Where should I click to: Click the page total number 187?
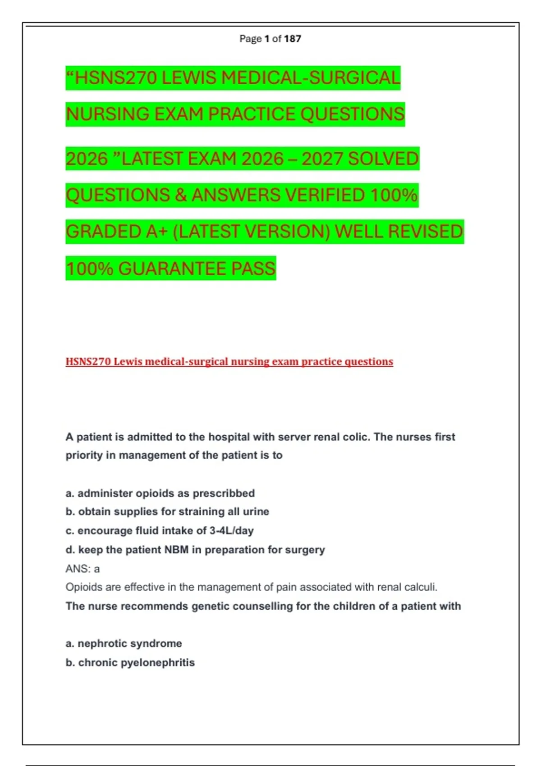(293, 39)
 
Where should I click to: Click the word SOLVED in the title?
(383, 159)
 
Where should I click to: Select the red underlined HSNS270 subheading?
(229, 361)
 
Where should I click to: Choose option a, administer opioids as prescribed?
(160, 493)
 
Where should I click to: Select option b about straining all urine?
(167, 512)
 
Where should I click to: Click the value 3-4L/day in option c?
(231, 531)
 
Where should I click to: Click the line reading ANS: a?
(83, 569)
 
